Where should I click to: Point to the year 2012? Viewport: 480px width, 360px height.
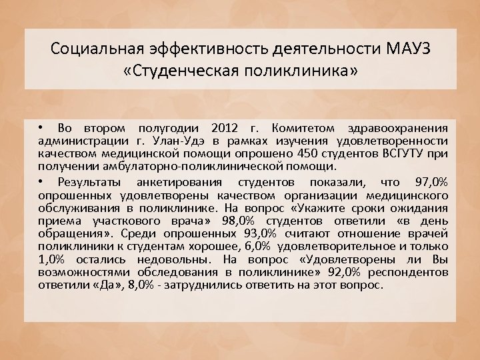pos(228,128)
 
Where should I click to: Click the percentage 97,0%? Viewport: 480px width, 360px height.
pos(431,181)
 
